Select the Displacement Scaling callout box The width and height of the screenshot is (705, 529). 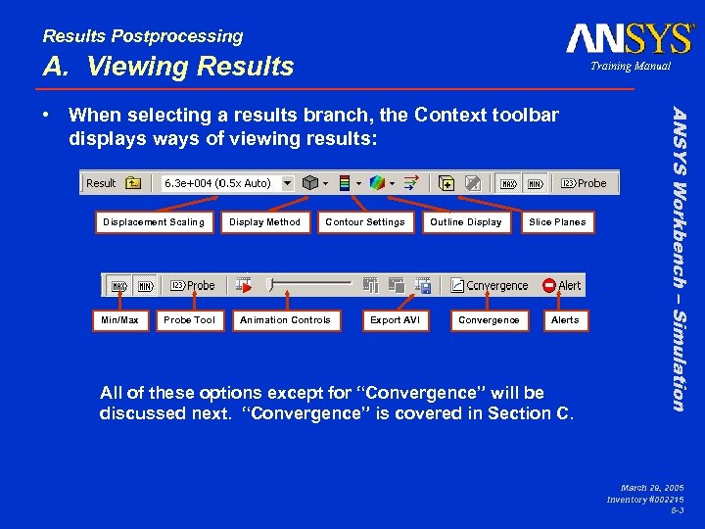tap(154, 222)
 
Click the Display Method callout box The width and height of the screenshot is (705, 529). tap(265, 222)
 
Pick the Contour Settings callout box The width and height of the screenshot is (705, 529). tap(365, 222)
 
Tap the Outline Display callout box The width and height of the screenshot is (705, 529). tap(466, 222)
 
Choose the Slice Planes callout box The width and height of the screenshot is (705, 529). tap(557, 222)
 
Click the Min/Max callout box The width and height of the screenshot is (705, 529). tap(119, 320)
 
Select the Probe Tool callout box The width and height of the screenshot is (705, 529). tap(189, 320)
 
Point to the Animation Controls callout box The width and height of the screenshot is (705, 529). tap(286, 320)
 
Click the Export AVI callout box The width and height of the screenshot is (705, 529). tap(395, 320)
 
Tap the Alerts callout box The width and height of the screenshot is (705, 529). tap(565, 320)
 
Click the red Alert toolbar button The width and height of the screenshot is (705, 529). tap(562, 286)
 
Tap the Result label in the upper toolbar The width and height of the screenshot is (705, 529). tap(101, 183)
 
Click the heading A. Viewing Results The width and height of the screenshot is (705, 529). tap(167, 67)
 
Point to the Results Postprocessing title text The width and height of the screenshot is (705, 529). tap(143, 36)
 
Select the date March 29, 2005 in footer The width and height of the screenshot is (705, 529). tap(653, 487)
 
